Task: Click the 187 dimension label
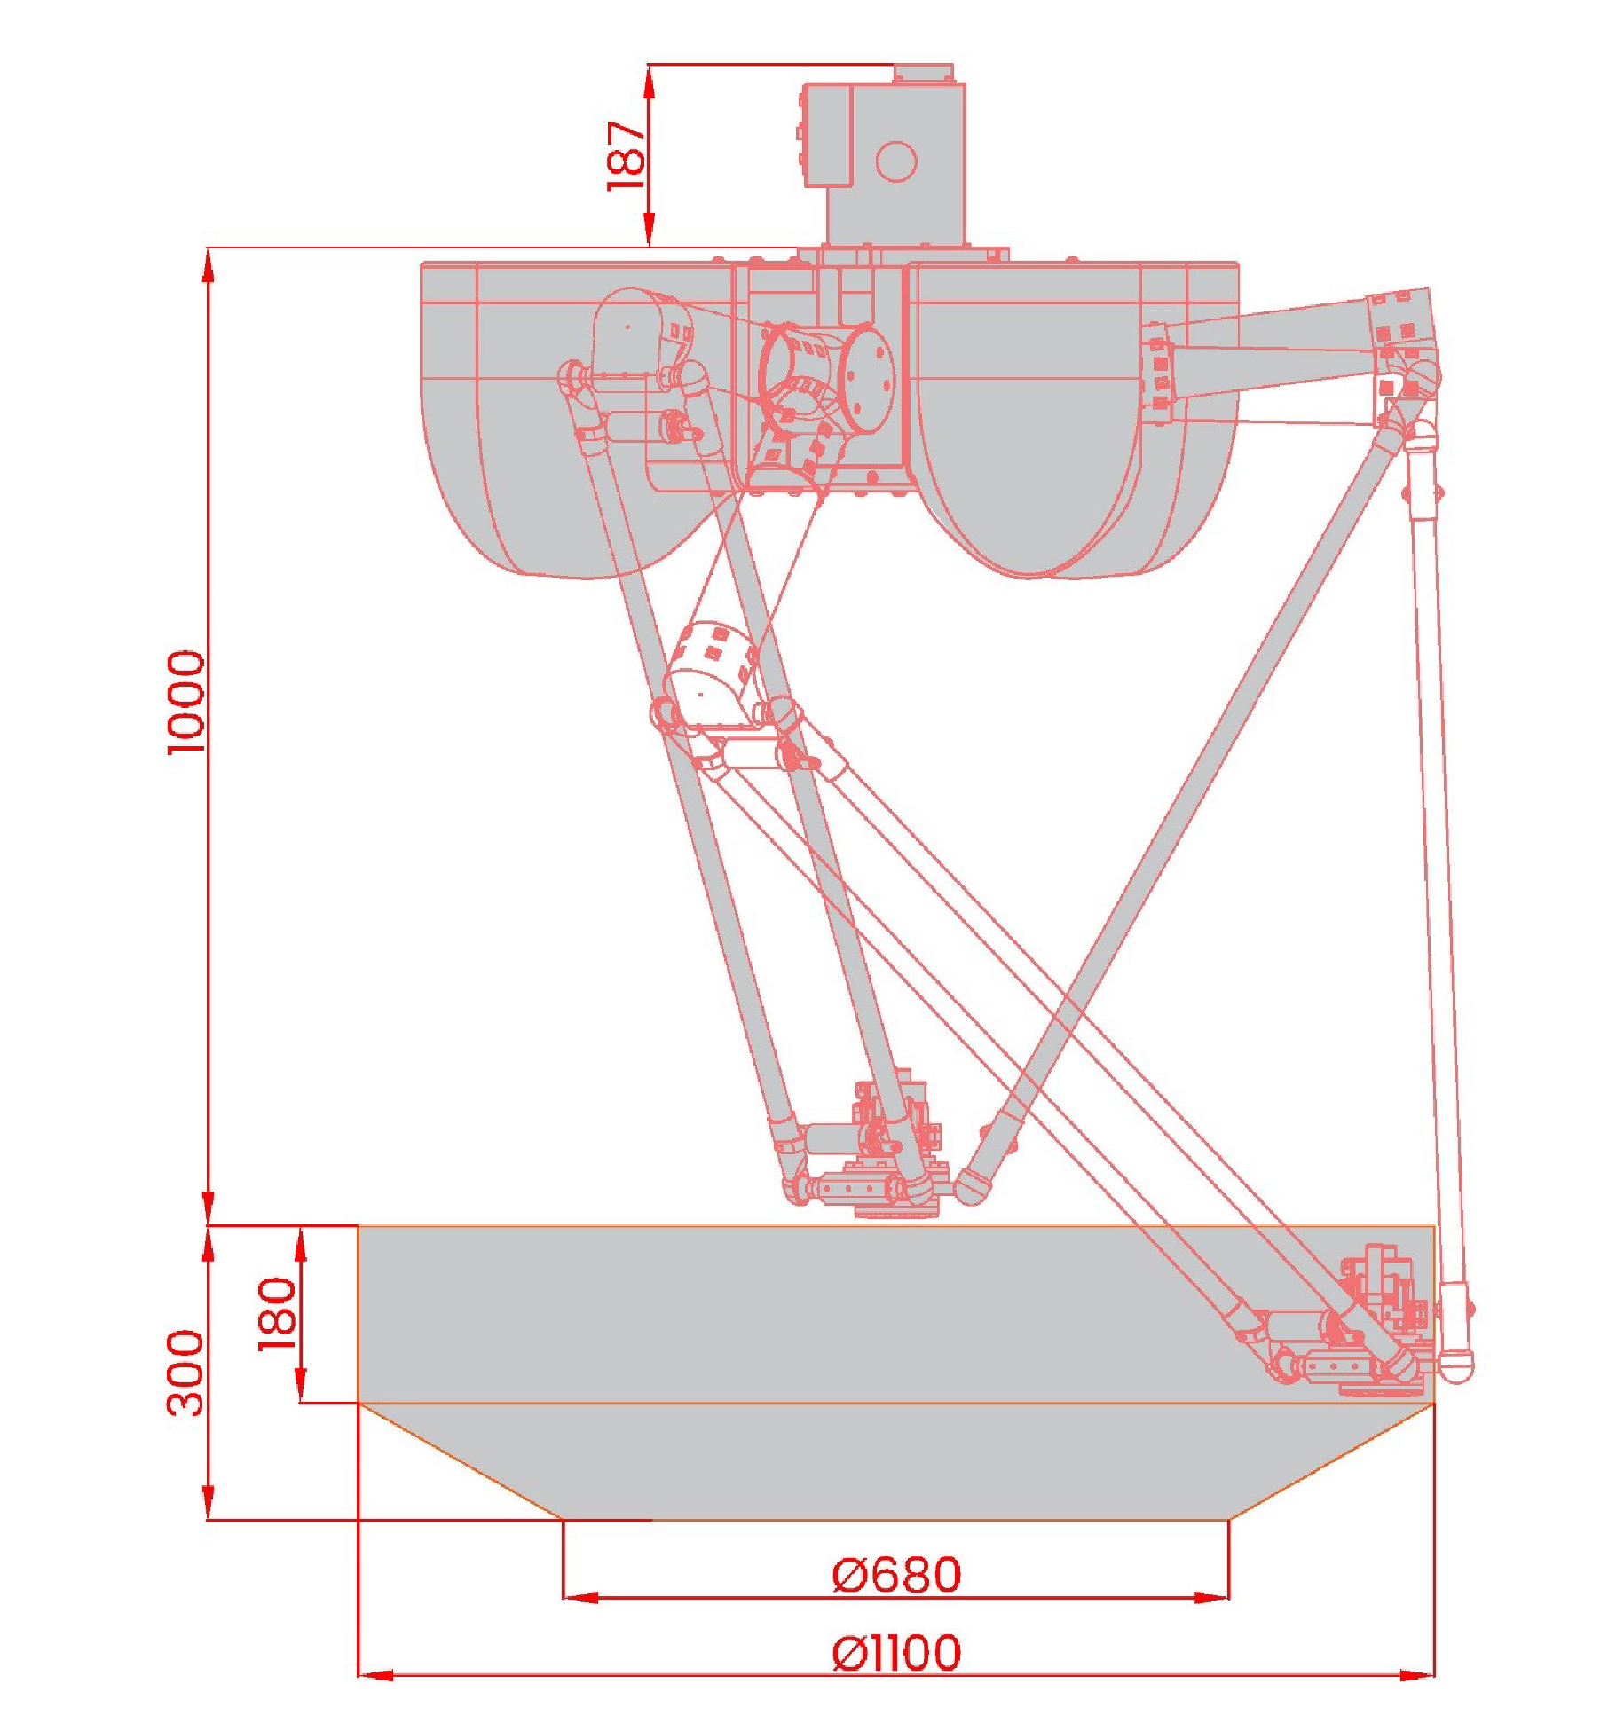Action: point(627,155)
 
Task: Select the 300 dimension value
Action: point(186,1372)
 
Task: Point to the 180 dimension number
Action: point(278,1313)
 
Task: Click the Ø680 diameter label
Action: point(896,1575)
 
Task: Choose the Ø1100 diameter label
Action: point(896,1652)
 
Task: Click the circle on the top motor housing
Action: point(895,161)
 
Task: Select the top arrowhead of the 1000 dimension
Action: point(209,264)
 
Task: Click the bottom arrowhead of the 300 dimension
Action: point(209,1504)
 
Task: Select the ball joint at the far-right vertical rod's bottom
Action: point(1455,1366)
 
